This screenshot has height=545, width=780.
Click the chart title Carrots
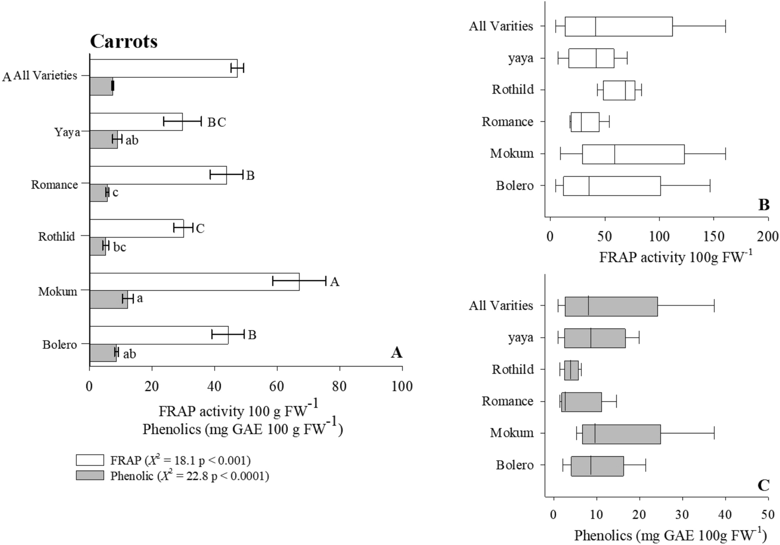124,41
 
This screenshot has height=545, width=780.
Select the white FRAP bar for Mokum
194,282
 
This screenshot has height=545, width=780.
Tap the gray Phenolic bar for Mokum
108,299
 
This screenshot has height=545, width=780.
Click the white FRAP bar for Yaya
136,122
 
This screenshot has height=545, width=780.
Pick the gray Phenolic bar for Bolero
103,353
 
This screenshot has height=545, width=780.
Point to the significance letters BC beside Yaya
217,123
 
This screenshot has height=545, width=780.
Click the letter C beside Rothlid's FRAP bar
200,229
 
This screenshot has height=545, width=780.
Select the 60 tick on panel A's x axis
277,386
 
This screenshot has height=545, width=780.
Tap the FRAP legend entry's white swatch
89,460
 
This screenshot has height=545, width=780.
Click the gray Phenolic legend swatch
89,476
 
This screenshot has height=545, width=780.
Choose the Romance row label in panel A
54,185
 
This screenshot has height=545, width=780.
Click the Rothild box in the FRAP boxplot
619,90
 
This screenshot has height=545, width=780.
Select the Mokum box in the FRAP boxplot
633,154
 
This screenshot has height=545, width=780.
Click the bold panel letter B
763,205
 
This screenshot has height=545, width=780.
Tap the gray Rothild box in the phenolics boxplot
571,370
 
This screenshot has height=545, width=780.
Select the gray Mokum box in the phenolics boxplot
621,434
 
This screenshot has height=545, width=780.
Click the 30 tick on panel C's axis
682,514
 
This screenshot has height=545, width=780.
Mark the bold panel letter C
763,486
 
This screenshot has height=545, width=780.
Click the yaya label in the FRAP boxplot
521,58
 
